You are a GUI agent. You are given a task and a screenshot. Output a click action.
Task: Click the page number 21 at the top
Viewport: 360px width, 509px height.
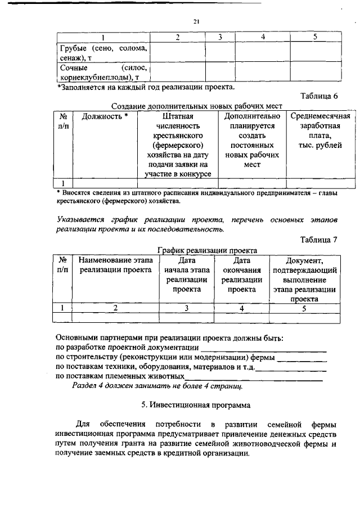[196, 21]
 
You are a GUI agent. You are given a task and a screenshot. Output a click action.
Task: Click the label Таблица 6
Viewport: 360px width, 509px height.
[319, 96]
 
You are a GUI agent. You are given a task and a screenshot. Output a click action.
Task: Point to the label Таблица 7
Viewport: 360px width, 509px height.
[319, 239]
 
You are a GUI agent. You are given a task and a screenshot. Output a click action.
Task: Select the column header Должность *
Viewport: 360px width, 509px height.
[105, 116]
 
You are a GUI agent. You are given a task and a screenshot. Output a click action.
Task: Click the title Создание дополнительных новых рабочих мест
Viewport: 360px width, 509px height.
[197, 106]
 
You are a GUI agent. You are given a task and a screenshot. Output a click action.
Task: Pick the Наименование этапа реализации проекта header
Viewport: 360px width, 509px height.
[115, 265]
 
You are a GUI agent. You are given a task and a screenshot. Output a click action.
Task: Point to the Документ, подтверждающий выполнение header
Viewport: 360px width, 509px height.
[304, 280]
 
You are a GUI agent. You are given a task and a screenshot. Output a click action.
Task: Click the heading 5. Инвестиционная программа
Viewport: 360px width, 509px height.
[196, 404]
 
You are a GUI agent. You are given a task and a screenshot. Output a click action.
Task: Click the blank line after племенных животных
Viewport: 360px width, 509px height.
[254, 376]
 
